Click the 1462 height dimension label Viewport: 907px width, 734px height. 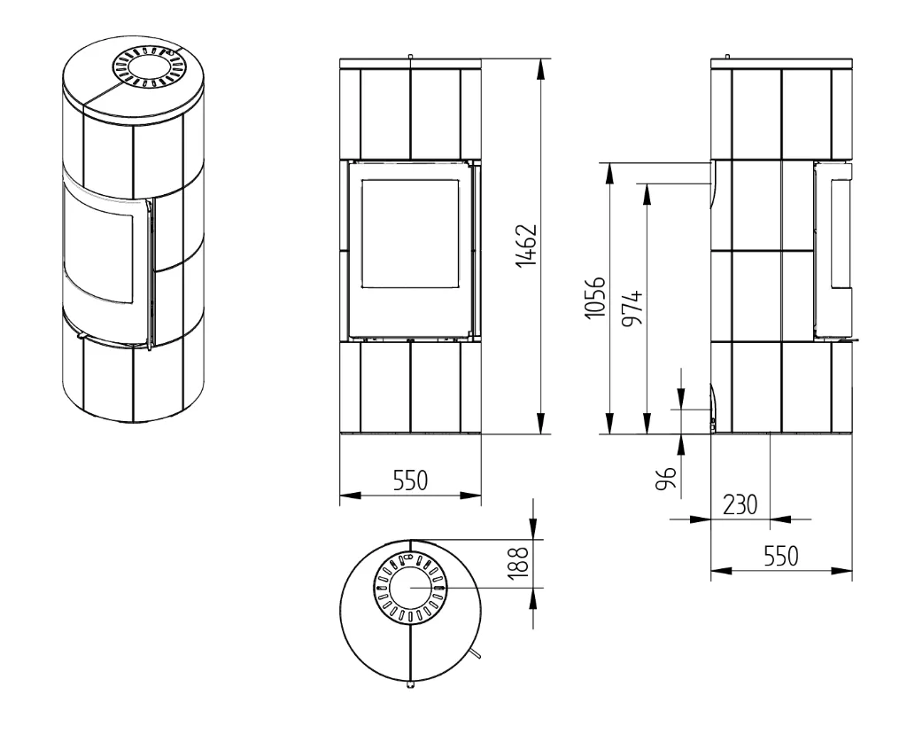(x=527, y=246)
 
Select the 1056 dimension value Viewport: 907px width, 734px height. (x=594, y=297)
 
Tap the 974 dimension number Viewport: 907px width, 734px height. (x=632, y=308)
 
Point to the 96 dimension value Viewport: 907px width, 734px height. (x=666, y=478)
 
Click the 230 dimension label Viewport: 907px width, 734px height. (x=740, y=504)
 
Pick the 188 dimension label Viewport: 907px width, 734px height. (x=520, y=563)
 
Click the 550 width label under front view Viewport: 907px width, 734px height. (x=411, y=480)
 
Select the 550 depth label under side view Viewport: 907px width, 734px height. (x=781, y=556)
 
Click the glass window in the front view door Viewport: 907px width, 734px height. (x=410, y=233)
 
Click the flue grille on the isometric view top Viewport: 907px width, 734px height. (x=146, y=67)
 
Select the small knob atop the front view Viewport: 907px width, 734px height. (x=410, y=56)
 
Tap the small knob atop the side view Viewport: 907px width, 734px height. (x=728, y=56)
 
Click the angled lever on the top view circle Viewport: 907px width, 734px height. (x=476, y=653)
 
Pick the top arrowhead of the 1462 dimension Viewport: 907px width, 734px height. (x=541, y=69)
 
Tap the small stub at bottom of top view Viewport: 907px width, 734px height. (x=410, y=685)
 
